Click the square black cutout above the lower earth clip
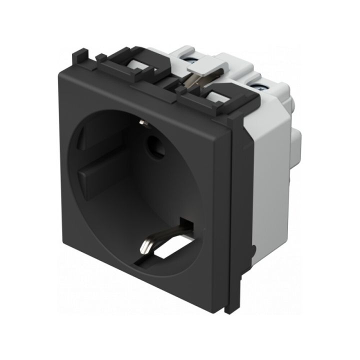coord(187,223)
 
